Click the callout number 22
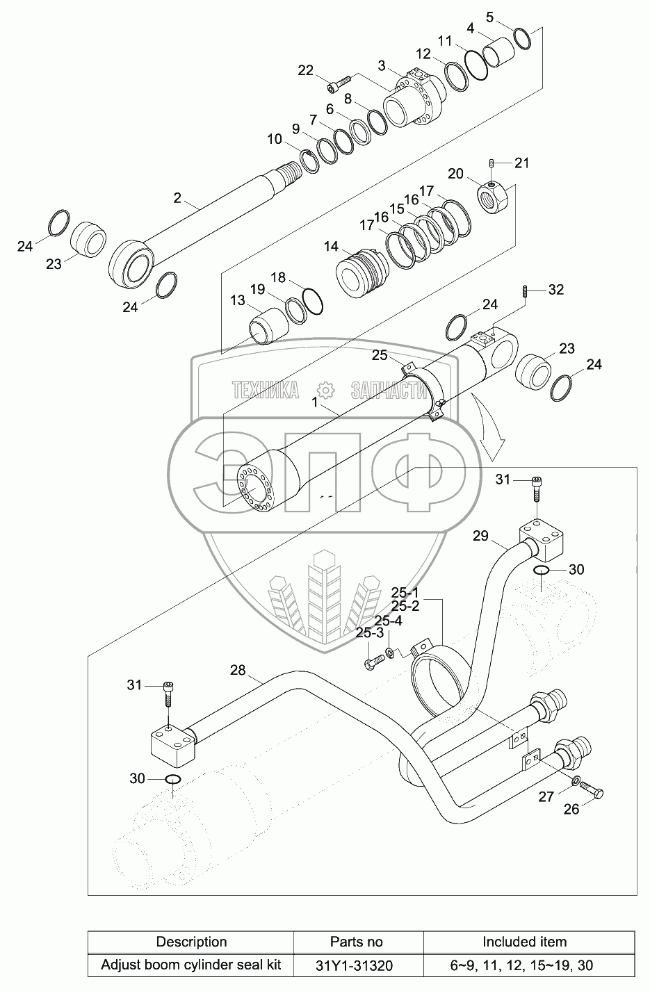click(305, 70)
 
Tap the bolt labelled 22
click(339, 84)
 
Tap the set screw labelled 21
click(491, 164)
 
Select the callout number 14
click(331, 247)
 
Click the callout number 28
click(238, 670)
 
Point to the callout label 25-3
click(369, 632)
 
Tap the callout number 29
click(480, 536)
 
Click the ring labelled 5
click(522, 38)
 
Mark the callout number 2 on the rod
click(177, 198)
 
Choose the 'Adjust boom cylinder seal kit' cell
click(191, 965)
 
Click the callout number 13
click(238, 300)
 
